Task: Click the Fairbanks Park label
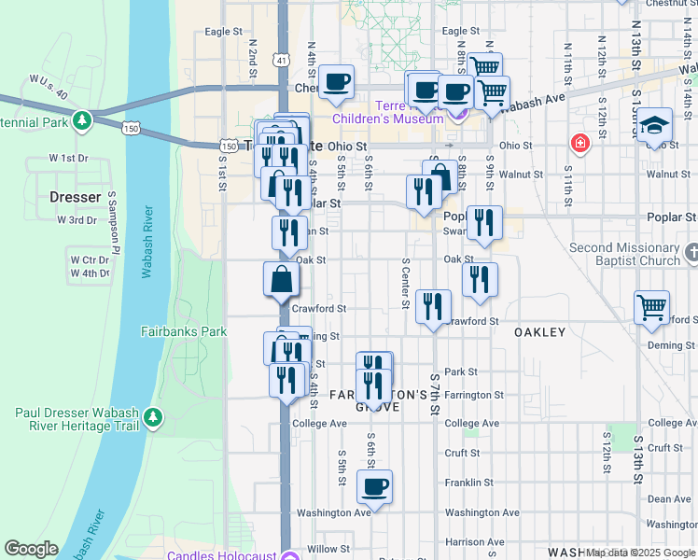pos(184,331)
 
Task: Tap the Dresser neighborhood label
pos(75,198)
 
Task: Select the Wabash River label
pos(147,242)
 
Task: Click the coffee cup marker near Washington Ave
pos(374,486)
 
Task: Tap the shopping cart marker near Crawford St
pos(651,306)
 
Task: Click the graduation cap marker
pos(655,124)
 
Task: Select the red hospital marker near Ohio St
pos(580,143)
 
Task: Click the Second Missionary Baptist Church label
pos(625,254)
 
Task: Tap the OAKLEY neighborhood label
pos(539,332)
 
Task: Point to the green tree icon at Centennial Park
pos(82,119)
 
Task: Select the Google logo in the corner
pos(31,549)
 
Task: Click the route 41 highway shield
pos(281,59)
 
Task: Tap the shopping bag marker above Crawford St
pos(281,279)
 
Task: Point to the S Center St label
pos(406,283)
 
